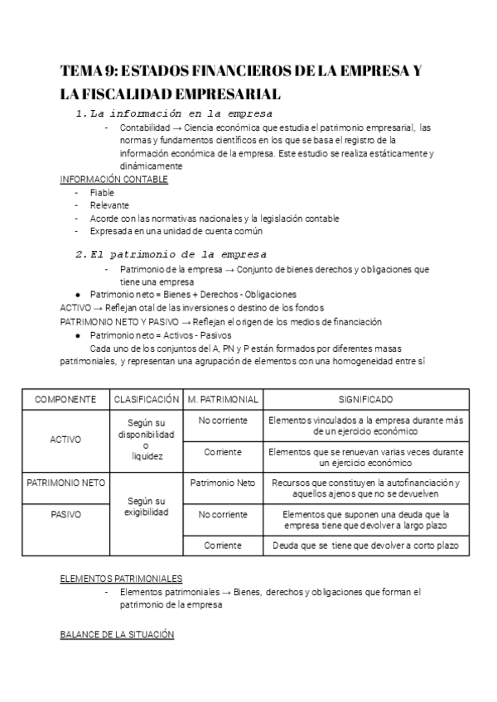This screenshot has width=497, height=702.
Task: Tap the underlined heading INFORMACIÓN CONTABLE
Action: pos(114,179)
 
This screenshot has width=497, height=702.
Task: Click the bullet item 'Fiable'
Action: pos(102,192)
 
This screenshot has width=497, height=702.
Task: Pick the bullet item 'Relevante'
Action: pos(109,205)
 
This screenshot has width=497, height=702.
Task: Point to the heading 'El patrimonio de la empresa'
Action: pos(177,254)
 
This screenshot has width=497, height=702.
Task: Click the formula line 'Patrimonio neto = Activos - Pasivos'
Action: pos(163,335)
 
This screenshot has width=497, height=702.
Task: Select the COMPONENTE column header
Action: pos(65,399)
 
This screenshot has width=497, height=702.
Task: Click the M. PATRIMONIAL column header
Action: pos(222,399)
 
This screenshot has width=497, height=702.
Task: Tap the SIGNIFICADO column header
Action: pos(365,399)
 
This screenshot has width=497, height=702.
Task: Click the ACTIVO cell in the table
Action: pos(65,440)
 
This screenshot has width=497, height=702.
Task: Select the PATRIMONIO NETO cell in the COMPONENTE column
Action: pos(65,483)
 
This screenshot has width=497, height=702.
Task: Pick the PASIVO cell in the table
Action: pos(65,514)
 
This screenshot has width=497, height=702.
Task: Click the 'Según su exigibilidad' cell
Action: pos(146,507)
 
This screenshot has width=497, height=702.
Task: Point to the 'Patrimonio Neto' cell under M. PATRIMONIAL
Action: pos(222,483)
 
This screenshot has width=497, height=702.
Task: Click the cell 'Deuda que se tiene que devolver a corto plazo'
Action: pos(365,546)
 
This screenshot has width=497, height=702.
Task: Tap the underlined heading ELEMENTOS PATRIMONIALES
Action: pos(121,578)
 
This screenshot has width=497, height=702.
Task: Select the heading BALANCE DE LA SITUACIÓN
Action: pos(117,634)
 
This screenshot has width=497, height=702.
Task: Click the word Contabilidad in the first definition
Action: pos(145,128)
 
